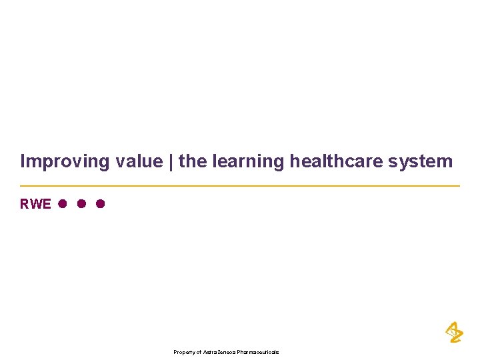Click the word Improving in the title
(x=59, y=161)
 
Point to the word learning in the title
(x=247, y=161)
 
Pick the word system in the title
(x=420, y=161)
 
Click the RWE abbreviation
(x=35, y=204)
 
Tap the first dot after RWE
(x=61, y=204)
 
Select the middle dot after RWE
(x=81, y=204)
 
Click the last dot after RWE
(x=100, y=204)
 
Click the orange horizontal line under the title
(x=240, y=185)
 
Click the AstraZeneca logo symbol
(x=453, y=331)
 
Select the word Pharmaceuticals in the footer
(x=260, y=352)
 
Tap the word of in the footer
(x=198, y=352)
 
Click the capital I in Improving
(x=23, y=161)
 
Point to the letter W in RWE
(x=35, y=204)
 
